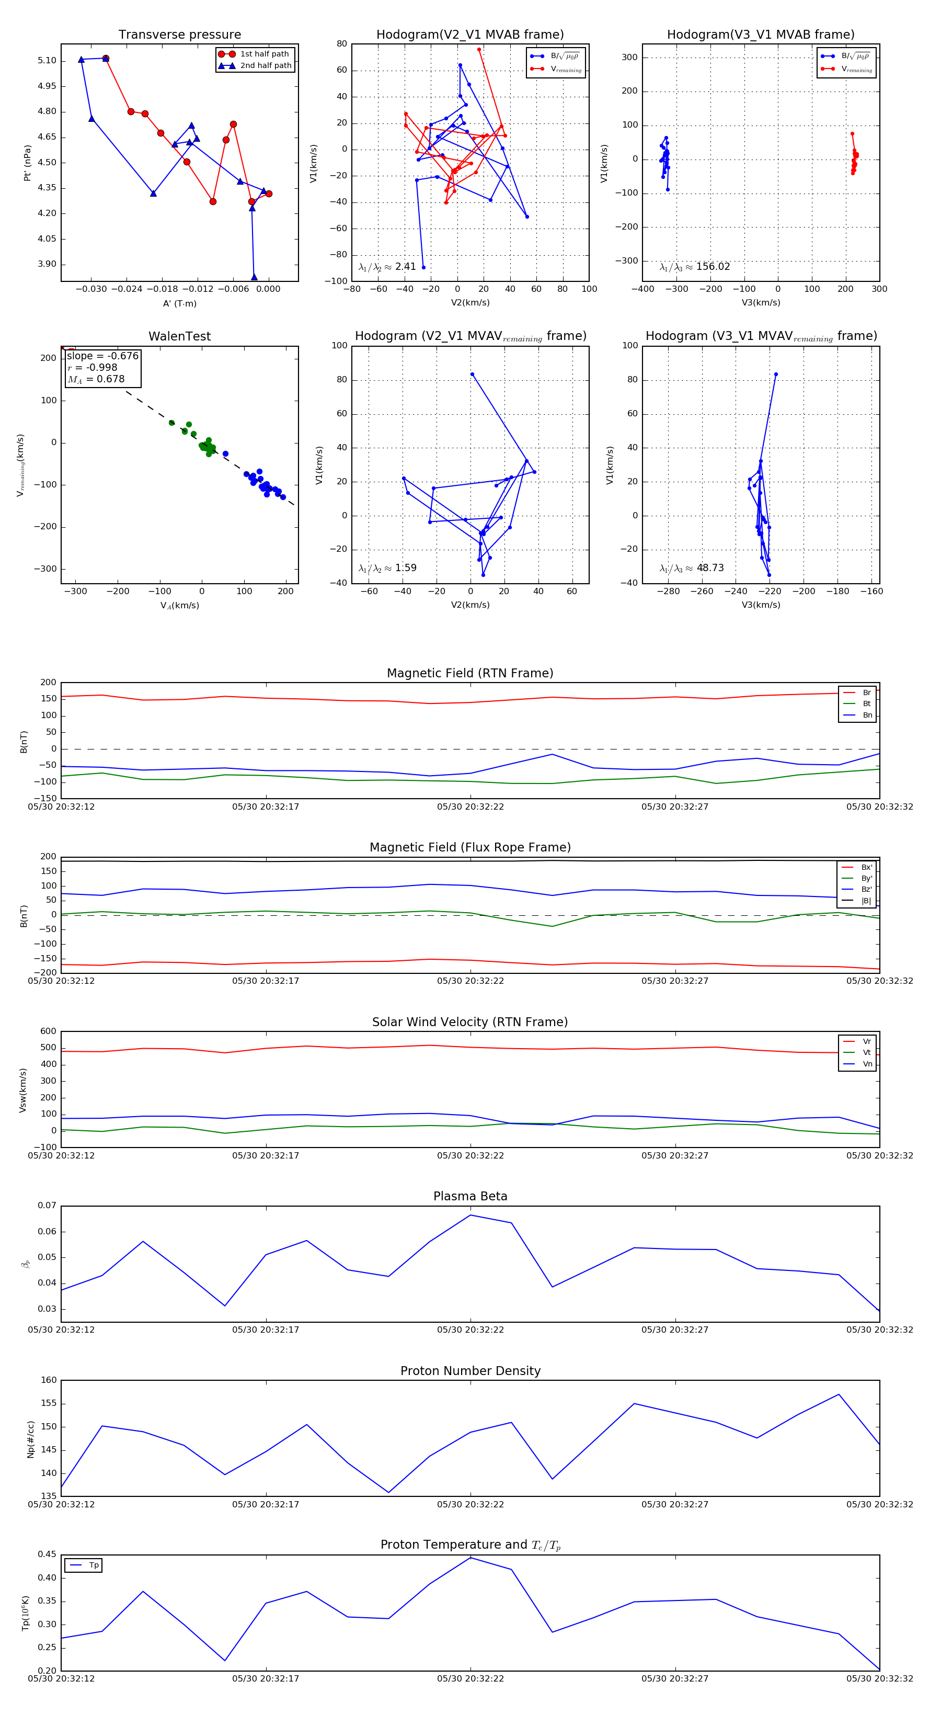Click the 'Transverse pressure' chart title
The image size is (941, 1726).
(x=179, y=35)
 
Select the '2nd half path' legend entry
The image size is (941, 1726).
(x=265, y=66)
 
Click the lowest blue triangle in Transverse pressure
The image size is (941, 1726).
(x=254, y=277)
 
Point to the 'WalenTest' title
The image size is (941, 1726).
(x=179, y=336)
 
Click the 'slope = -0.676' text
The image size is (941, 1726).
(x=102, y=356)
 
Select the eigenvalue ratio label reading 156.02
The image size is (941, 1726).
(x=695, y=267)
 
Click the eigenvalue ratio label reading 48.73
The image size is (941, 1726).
(x=691, y=568)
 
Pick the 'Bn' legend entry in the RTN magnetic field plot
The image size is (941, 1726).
(x=867, y=715)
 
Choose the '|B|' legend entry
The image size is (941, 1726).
(x=866, y=901)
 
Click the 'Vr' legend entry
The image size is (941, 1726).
(x=867, y=1041)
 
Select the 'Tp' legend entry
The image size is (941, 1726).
(x=94, y=1565)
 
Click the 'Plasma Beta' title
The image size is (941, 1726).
(x=470, y=1196)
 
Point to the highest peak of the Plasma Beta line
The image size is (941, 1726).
(x=470, y=1215)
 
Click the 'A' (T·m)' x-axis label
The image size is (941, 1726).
(x=179, y=303)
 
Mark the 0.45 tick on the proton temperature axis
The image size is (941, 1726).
(x=47, y=1554)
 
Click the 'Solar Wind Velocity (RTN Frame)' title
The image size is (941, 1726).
(x=470, y=1022)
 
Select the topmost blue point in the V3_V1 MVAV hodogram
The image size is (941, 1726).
(x=776, y=374)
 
